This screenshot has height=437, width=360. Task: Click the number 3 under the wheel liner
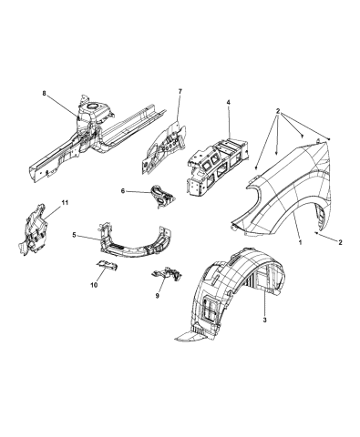point(264,320)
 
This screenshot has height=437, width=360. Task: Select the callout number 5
point(75,237)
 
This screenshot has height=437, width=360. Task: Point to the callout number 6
point(123,191)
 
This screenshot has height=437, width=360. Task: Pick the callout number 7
point(180,92)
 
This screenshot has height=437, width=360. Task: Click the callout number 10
point(94,285)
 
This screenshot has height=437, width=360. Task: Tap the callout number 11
point(63,201)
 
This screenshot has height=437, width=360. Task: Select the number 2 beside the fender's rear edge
point(341,242)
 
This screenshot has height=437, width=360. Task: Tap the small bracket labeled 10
point(106,265)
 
